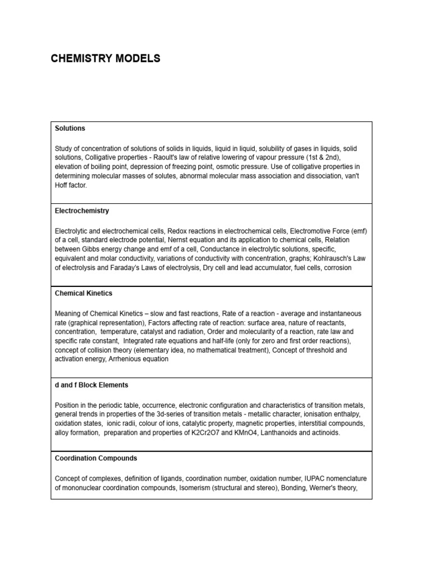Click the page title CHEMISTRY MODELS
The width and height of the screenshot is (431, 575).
point(106,58)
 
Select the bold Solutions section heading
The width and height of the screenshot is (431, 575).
point(70,129)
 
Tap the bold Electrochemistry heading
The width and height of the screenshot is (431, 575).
point(82,211)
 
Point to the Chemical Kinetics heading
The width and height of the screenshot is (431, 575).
point(84,294)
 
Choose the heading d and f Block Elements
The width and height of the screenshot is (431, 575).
point(91,385)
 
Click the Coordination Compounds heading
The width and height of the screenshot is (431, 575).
point(96,459)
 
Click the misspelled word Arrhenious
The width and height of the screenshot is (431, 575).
point(127,359)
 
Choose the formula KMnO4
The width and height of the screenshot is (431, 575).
point(242,432)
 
